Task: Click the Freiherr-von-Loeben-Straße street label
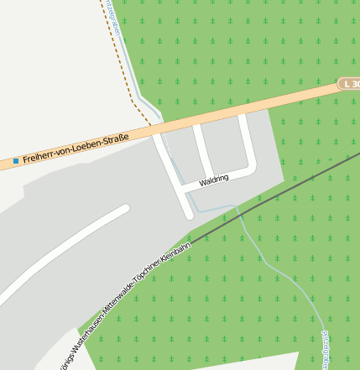[76, 148]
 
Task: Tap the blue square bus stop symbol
[15, 160]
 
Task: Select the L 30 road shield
[349, 84]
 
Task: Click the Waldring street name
[214, 180]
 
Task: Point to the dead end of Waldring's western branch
[189, 215]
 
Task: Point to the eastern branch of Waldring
[246, 138]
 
